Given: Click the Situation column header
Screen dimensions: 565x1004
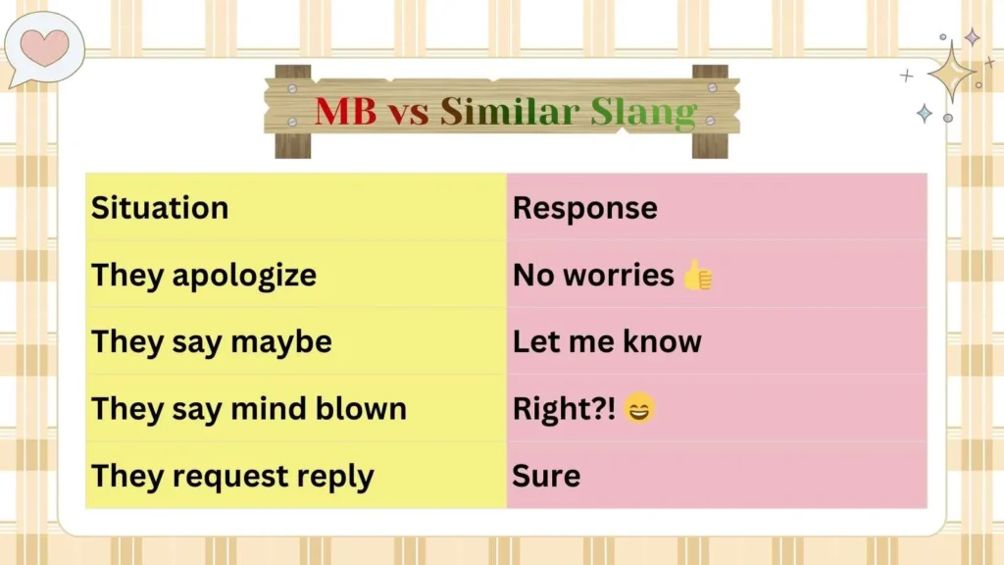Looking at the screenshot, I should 160,208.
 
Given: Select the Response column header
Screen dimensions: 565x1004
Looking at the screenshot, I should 584,208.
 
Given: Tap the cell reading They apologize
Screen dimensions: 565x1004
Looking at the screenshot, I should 204,275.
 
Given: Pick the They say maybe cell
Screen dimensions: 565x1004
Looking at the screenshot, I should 212,342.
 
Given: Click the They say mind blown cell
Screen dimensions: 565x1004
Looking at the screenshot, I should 249,409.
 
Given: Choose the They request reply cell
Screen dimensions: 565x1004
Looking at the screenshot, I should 232,477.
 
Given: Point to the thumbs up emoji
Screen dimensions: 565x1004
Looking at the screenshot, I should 697,276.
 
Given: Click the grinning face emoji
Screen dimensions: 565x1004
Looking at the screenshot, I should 638,410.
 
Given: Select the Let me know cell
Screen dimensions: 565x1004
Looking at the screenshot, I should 607,342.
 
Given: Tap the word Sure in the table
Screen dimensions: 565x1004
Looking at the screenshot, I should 546,477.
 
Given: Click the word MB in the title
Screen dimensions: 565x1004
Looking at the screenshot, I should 345,111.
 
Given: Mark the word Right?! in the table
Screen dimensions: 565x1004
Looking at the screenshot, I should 564,410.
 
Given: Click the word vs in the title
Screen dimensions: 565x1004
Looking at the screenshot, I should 408,113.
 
